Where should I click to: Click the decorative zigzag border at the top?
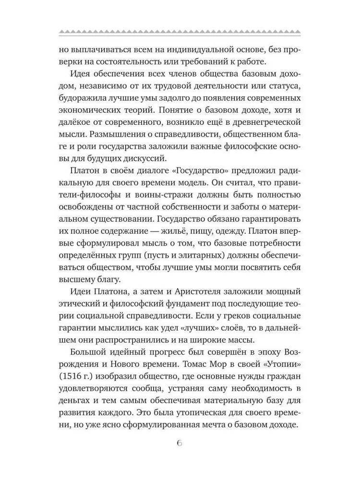click(x=180, y=32)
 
